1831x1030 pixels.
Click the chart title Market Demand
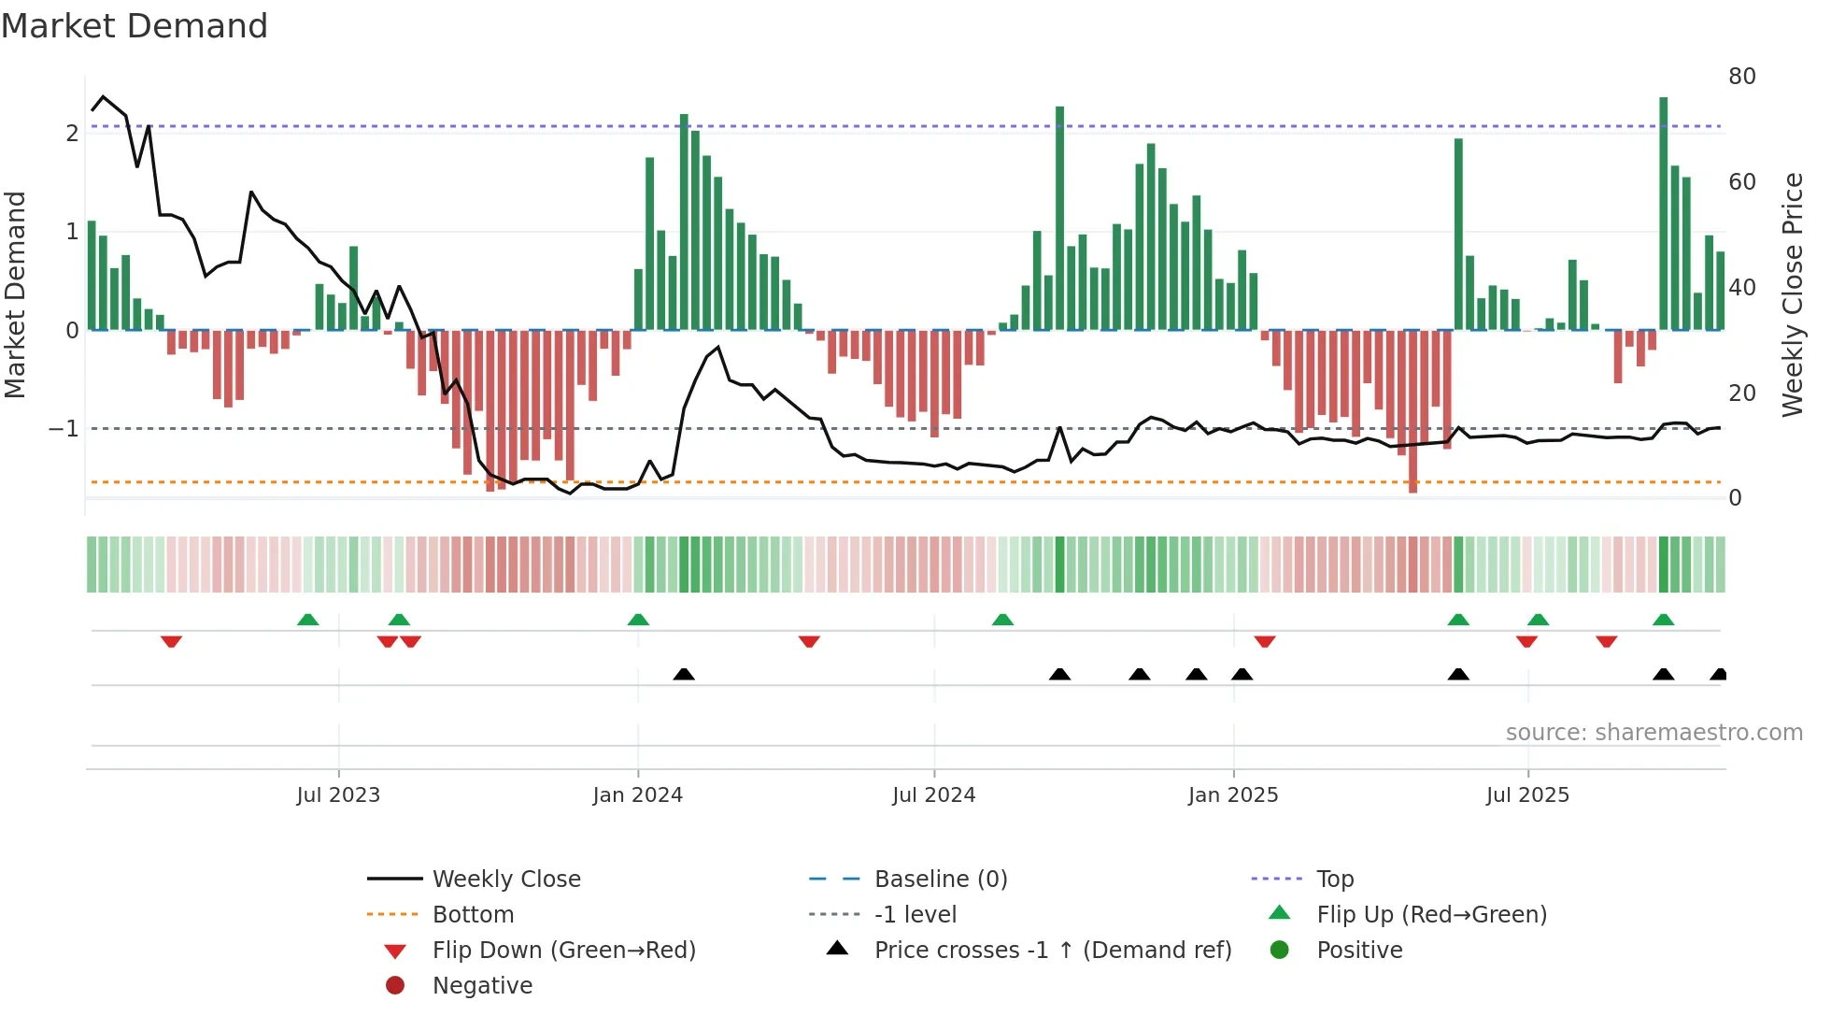135,26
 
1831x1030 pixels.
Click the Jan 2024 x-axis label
637,795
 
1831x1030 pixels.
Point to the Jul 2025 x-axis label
1527,795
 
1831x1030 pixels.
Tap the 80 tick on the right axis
1741,77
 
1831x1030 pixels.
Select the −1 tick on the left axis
64,429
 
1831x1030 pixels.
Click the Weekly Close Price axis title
1792,294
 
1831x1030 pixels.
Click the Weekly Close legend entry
505,880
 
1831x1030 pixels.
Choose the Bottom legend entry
473,915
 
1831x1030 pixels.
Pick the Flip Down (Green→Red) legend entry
563,951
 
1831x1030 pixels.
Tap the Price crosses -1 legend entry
1052,951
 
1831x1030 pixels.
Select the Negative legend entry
482,986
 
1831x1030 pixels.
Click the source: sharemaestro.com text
1654,733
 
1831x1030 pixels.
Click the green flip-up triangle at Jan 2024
638,620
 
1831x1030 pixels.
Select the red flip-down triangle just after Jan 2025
1265,641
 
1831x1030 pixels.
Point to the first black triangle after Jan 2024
684,674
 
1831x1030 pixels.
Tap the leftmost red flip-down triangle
171,641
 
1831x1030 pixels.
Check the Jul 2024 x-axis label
933,795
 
